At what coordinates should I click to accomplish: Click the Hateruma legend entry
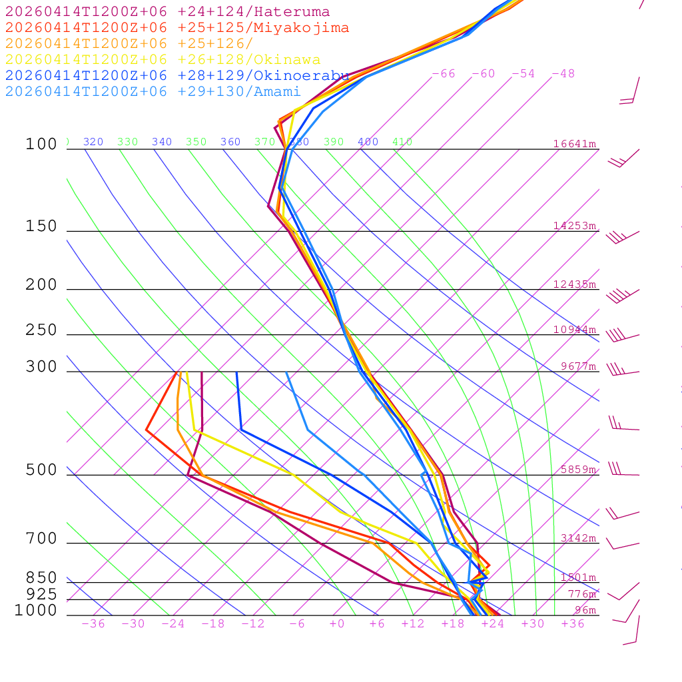tap(167, 12)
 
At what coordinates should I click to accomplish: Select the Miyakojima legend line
tap(176, 28)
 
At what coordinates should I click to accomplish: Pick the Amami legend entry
tap(153, 92)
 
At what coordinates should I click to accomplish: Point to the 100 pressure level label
tap(41, 145)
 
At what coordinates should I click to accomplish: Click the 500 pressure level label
tap(41, 471)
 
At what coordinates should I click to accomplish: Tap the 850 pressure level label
tap(41, 578)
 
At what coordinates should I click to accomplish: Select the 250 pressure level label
tap(41, 330)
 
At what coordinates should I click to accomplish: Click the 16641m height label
tap(575, 144)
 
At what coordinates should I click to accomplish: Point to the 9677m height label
tap(578, 366)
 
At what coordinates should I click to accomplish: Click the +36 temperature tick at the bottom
tap(573, 624)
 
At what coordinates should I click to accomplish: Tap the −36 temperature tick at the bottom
tap(93, 624)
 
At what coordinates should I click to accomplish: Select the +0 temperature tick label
tap(337, 624)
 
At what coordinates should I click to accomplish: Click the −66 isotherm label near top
tap(444, 74)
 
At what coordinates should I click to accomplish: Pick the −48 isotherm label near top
tap(563, 74)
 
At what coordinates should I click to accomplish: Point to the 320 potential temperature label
tap(93, 142)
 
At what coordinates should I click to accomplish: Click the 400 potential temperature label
tap(368, 142)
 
